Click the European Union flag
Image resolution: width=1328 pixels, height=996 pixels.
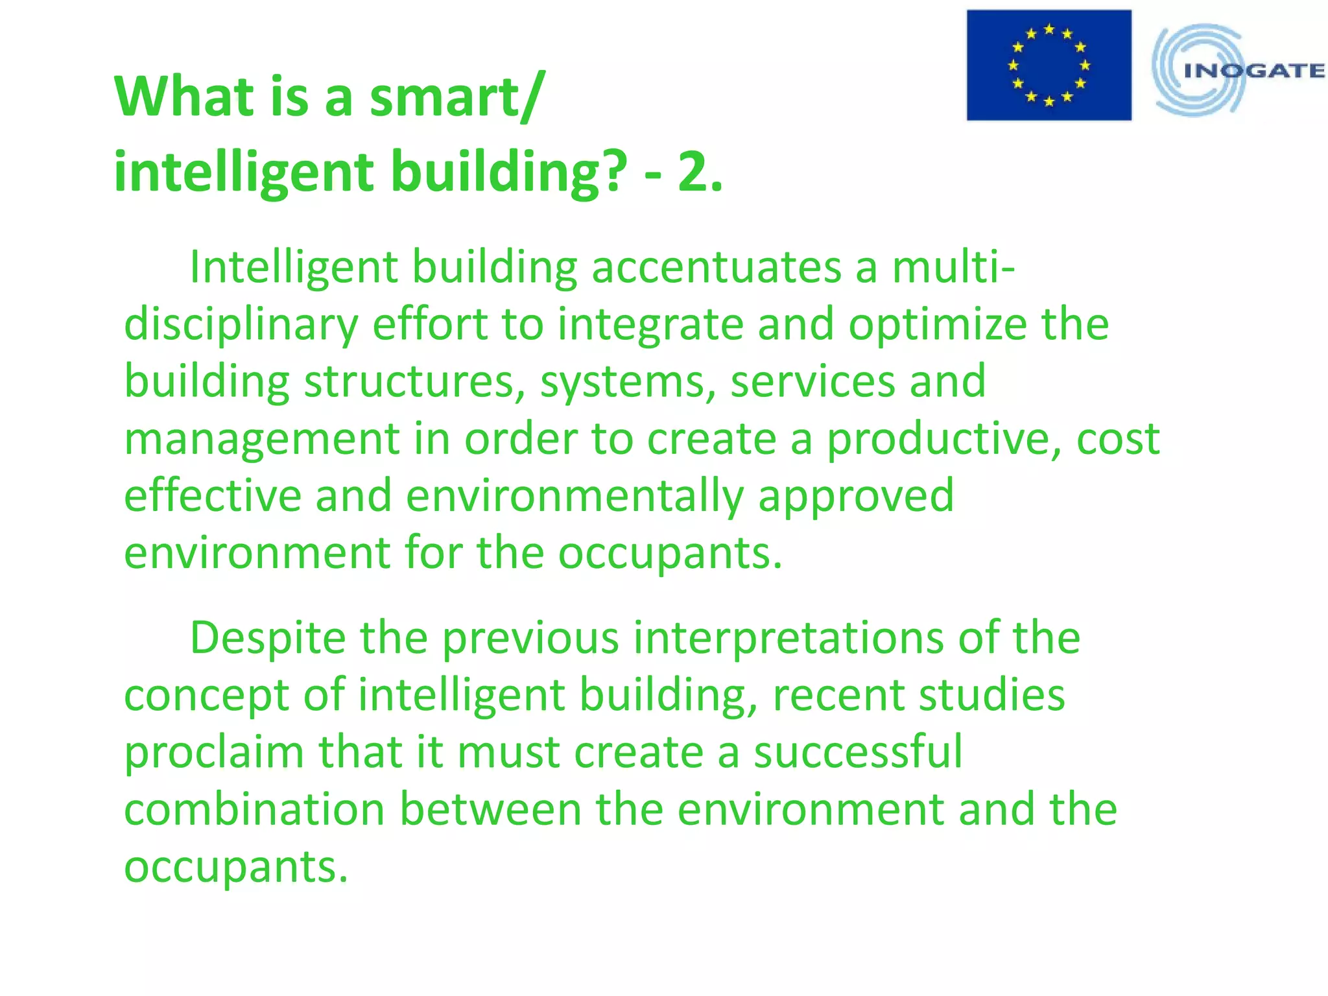tap(1049, 65)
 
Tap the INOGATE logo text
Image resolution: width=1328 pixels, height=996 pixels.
tap(1254, 71)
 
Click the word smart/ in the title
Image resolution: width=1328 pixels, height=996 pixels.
tap(455, 97)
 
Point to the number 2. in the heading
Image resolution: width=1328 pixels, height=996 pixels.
tap(700, 172)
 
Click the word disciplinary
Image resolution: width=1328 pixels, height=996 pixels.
tap(241, 324)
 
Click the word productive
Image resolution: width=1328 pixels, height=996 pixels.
tap(944, 438)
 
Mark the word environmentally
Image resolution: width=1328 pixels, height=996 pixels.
tap(575, 495)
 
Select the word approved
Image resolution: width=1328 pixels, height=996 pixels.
tap(856, 495)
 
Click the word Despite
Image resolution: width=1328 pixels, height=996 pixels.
tap(268, 638)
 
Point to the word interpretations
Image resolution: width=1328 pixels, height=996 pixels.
tap(788, 638)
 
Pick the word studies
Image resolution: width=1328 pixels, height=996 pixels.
tap(992, 695)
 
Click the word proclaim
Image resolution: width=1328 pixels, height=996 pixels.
tap(214, 752)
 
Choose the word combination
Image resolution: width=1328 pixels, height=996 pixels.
tap(254, 809)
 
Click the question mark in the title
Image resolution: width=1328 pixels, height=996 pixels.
tap(613, 172)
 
